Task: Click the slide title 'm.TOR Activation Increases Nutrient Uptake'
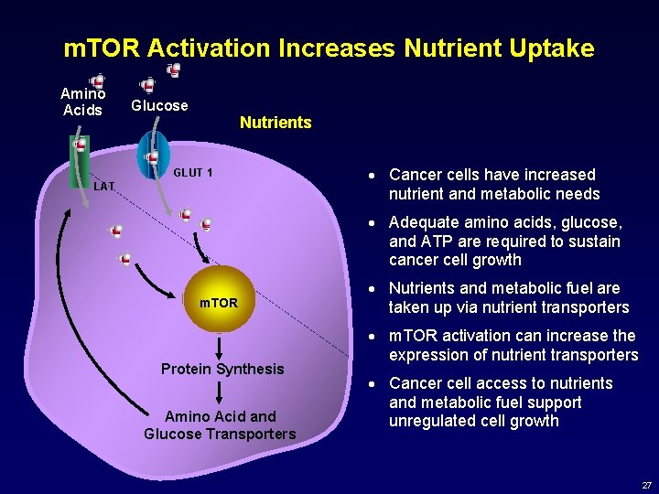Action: tap(329, 48)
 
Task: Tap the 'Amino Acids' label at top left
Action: tap(82, 102)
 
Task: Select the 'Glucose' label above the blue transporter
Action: tap(159, 105)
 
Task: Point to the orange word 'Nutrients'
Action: tap(275, 123)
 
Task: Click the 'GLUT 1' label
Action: tap(193, 172)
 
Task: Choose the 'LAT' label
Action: tap(104, 187)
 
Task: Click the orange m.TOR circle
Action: tap(218, 301)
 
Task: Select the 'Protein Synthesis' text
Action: tap(222, 369)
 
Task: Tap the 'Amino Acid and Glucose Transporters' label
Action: tap(220, 424)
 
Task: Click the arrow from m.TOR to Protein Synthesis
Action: tap(220, 346)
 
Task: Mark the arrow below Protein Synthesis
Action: tap(221, 392)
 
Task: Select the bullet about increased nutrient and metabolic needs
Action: tap(493, 184)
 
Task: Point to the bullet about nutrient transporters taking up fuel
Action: tap(508, 297)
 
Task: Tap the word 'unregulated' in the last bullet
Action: tap(431, 421)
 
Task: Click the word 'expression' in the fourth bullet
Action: tap(429, 354)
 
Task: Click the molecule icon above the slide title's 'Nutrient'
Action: tap(173, 70)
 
